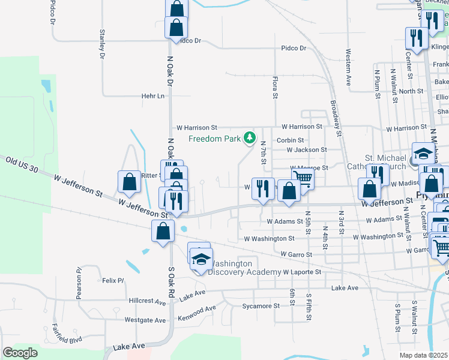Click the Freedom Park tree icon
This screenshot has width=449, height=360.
[249, 139]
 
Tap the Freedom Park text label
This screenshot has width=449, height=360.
[215, 139]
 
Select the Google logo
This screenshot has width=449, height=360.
[20, 352]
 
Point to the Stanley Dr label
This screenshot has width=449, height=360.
[103, 44]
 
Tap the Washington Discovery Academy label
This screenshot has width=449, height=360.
[244, 268]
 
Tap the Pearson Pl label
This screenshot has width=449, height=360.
[79, 278]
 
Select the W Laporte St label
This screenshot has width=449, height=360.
[303, 272]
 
